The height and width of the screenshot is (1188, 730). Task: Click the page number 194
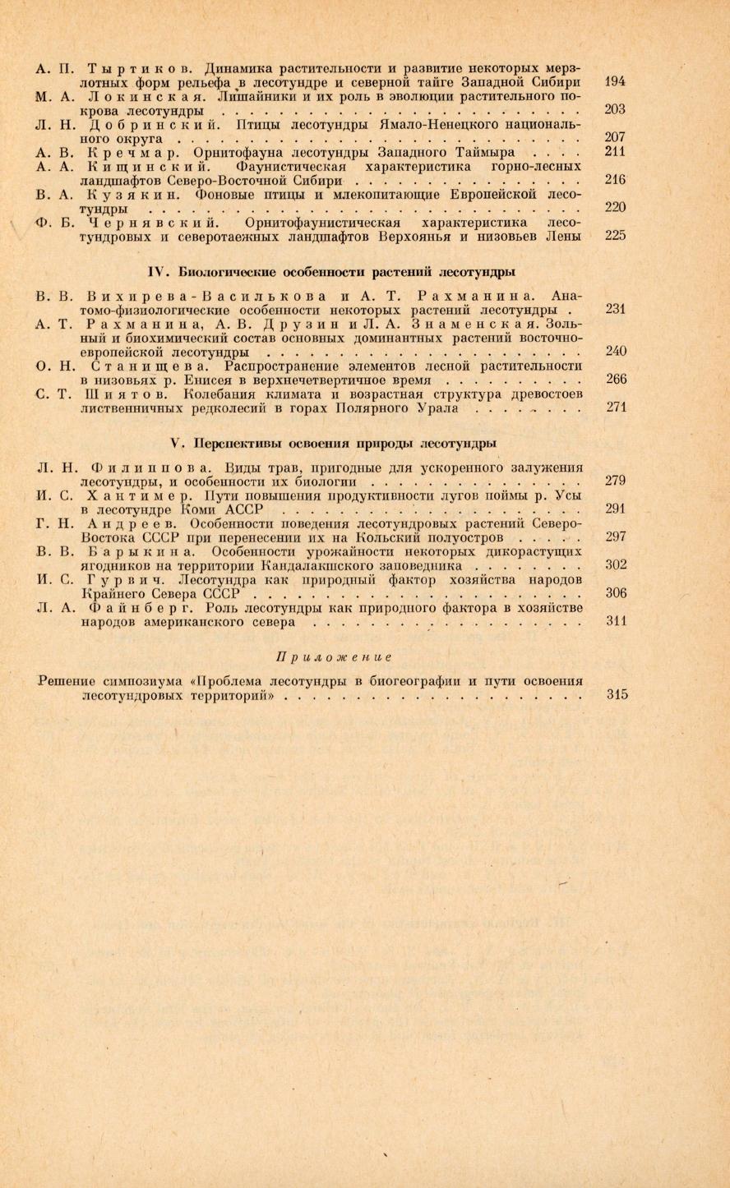(x=615, y=82)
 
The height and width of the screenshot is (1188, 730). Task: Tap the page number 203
(x=615, y=109)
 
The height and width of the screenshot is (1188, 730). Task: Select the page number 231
(x=615, y=309)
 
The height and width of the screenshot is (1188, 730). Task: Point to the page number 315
(x=617, y=694)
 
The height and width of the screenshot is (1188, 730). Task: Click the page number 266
(x=616, y=379)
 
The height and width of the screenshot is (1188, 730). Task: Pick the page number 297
(x=615, y=536)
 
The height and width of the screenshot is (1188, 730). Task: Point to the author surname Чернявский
(x=152, y=222)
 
